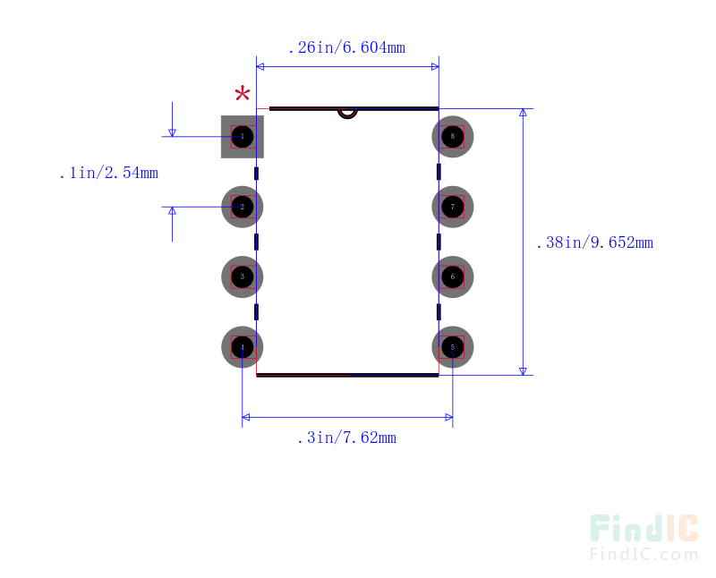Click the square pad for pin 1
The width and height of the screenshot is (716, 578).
[243, 137]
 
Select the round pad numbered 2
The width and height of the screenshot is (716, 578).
[243, 207]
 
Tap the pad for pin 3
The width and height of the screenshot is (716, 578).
[243, 276]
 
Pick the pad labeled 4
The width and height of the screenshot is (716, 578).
[243, 346]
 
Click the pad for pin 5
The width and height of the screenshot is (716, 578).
[453, 346]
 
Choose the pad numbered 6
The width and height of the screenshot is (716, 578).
[453, 276]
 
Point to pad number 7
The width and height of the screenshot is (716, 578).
[453, 207]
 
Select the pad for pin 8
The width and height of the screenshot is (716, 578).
[453, 137]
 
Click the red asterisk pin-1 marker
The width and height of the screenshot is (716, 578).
[243, 95]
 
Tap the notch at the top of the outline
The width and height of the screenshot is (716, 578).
[346, 114]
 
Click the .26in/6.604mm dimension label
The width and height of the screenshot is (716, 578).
[346, 47]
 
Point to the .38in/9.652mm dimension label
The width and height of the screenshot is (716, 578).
[594, 242]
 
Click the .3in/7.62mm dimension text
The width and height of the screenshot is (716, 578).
[346, 438]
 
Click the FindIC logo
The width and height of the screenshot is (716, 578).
[644, 529]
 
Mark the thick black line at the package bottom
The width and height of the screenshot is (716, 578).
[347, 375]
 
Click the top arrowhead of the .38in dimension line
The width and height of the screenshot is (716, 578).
[524, 114]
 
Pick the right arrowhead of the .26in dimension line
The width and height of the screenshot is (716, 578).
[434, 66]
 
